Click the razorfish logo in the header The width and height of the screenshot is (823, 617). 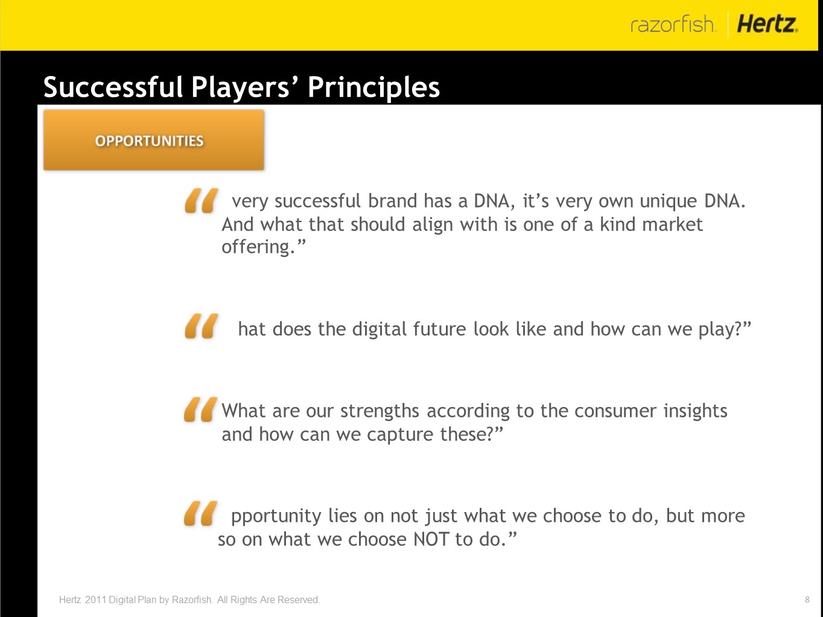tap(673, 24)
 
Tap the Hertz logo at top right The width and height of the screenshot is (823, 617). tap(767, 24)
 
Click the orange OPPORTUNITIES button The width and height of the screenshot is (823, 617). tap(154, 140)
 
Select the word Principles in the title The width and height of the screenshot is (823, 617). tap(373, 87)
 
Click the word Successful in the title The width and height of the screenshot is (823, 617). tap(113, 87)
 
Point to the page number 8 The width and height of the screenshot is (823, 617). tap(807, 600)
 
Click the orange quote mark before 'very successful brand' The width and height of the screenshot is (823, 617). tap(201, 201)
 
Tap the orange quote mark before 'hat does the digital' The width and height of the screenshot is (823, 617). tap(201, 326)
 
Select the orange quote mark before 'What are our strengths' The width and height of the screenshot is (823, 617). tap(200, 410)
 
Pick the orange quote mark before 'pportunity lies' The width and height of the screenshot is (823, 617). tap(200, 514)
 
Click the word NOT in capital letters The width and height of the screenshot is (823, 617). tap(430, 539)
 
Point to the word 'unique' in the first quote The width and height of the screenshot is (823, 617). tap(668, 202)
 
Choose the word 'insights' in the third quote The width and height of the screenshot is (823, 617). tap(696, 411)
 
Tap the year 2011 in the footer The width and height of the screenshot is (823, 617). tap(95, 600)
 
